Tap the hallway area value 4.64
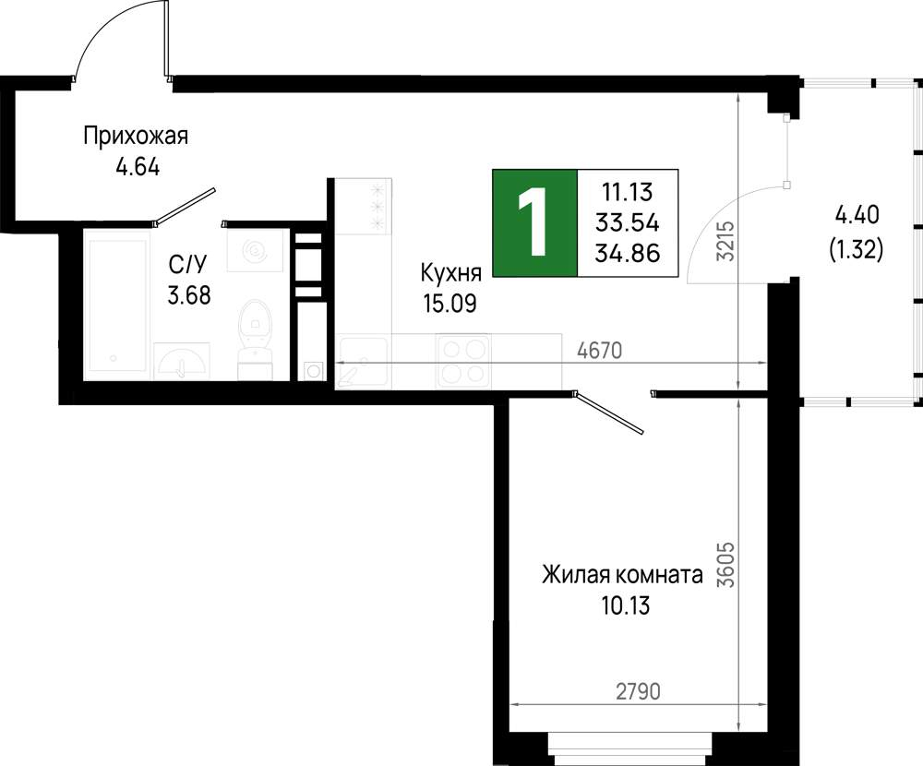pos(138,168)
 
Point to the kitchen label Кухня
pos(451,273)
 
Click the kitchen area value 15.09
pos(450,304)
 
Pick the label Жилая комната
pos(622,575)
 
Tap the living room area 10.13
pos(625,605)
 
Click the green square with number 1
pos(535,222)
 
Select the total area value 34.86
pos(628,253)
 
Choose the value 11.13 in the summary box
pos(628,192)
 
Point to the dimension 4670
pos(599,351)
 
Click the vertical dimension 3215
pos(728,241)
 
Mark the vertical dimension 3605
pos(728,565)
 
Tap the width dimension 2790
pos(638,692)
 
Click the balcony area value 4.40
pos(857,215)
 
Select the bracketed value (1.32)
pos(857,250)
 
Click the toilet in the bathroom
pos(255,339)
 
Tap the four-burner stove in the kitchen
pos(463,361)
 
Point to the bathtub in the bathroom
pos(116,302)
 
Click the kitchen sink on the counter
pos(362,362)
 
